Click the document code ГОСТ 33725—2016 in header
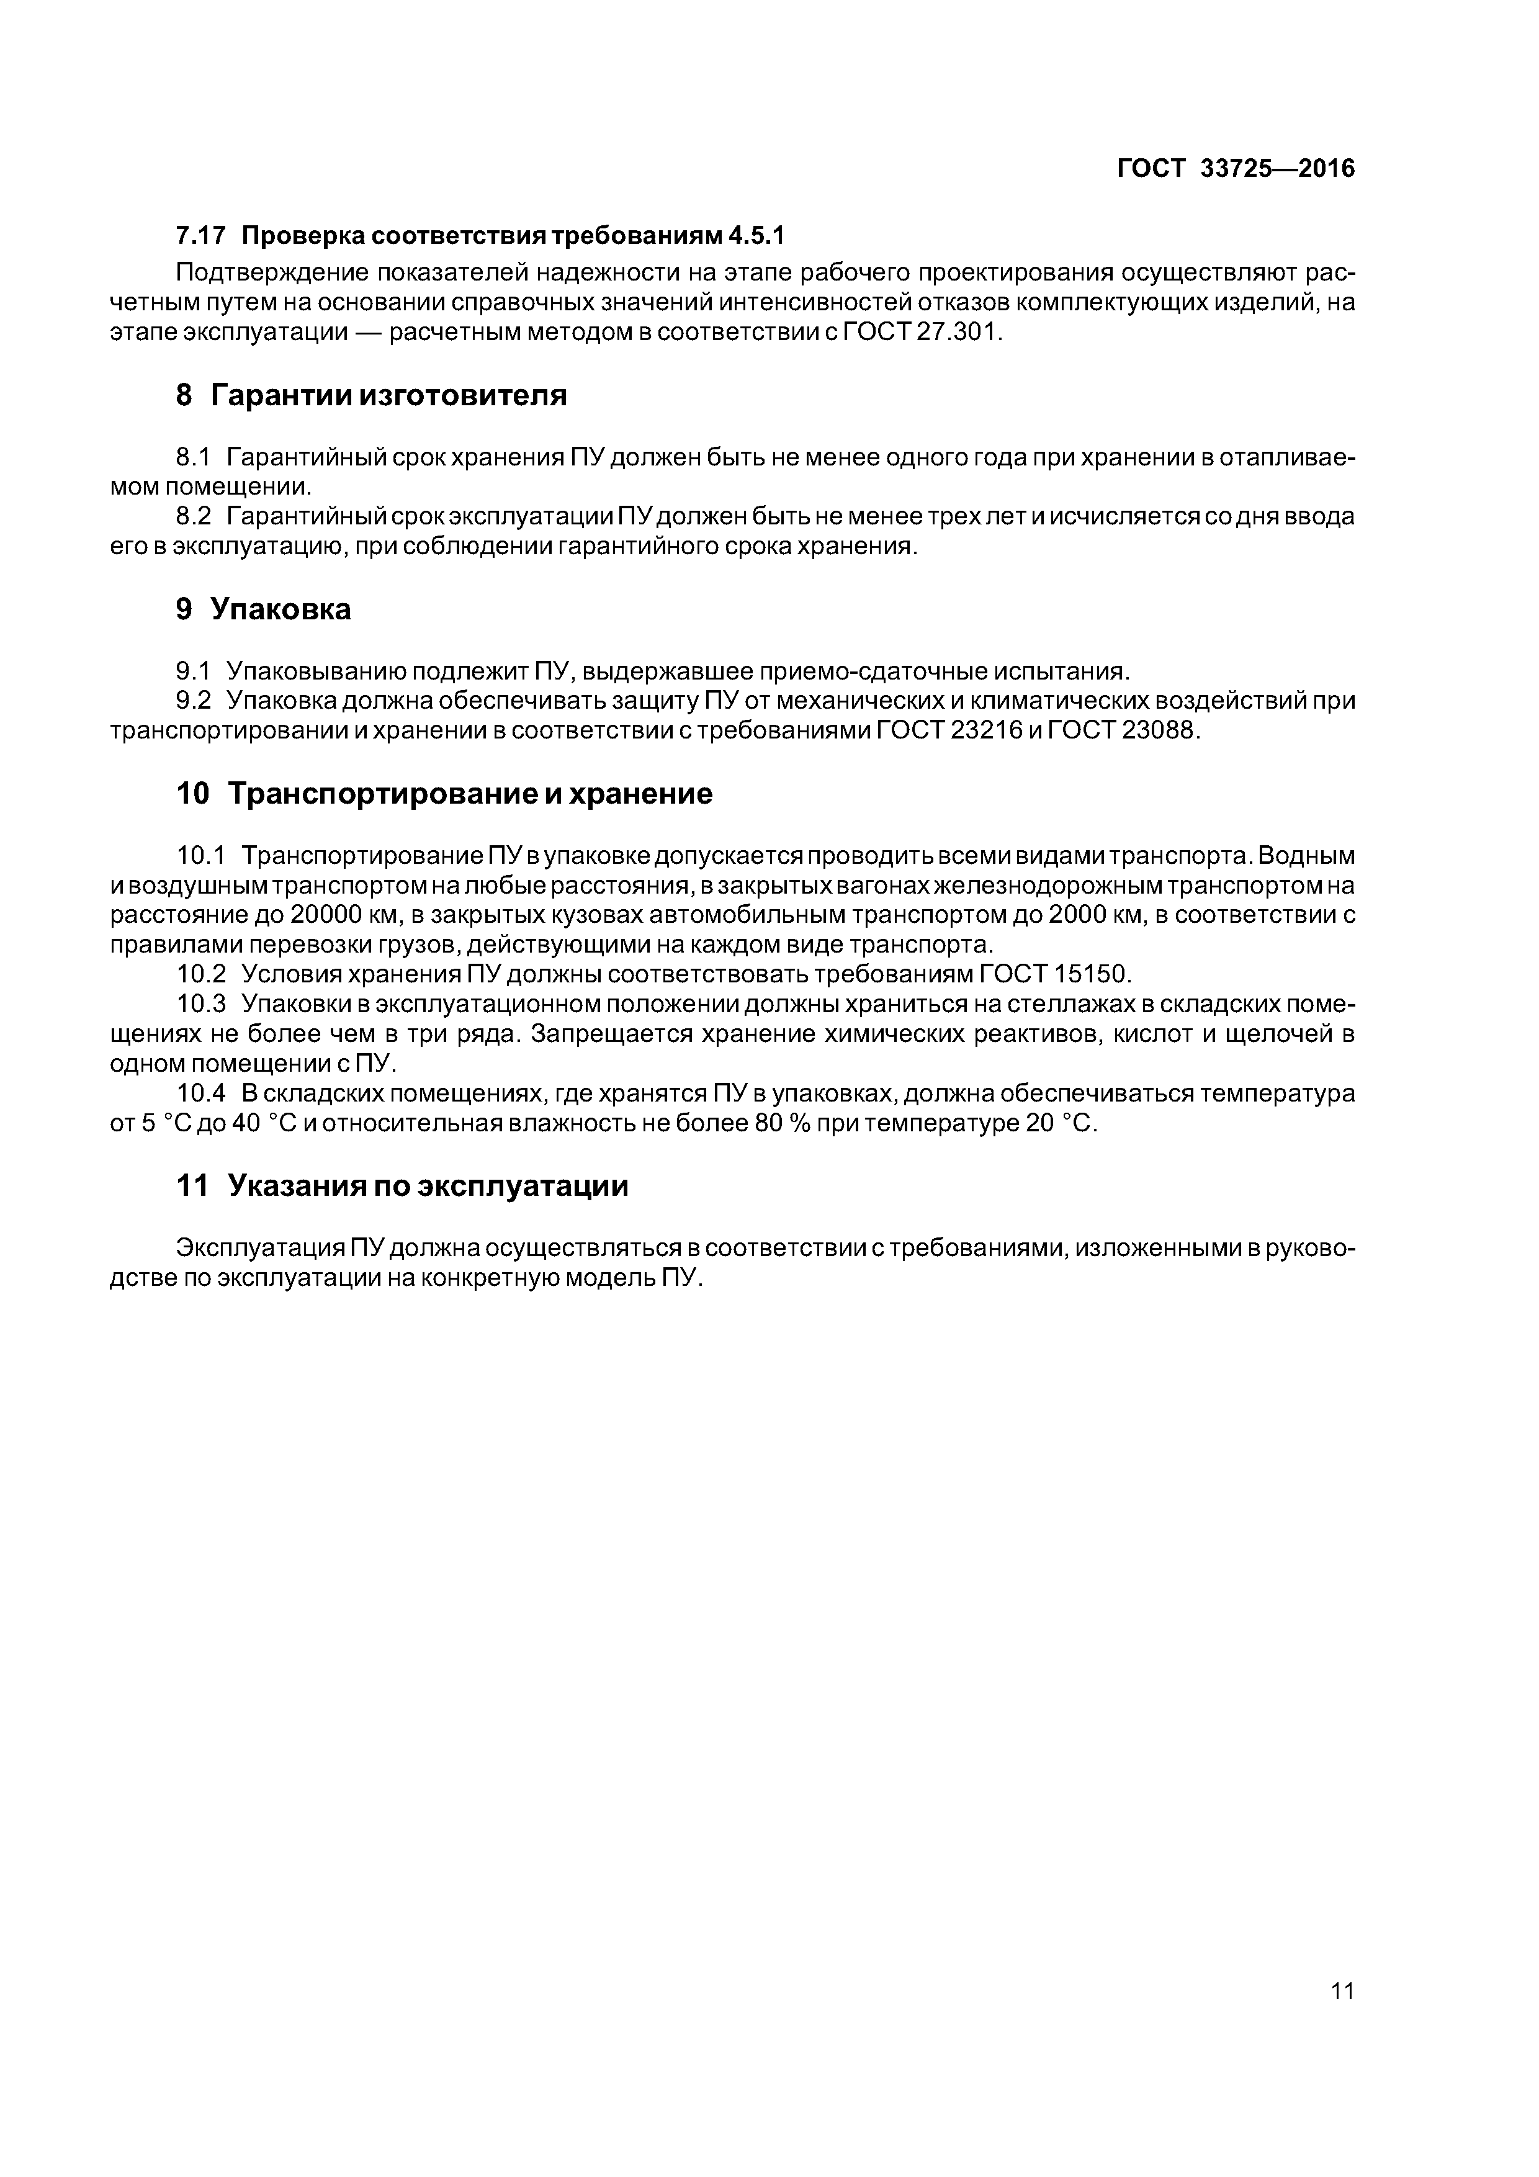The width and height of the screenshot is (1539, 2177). (1236, 169)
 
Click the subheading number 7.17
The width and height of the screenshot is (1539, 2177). (201, 234)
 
